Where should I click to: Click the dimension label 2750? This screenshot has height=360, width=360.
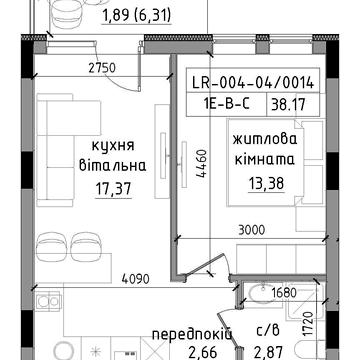click(x=102, y=68)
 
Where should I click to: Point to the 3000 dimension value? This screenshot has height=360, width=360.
click(x=252, y=230)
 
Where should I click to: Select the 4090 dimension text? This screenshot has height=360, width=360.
click(x=135, y=279)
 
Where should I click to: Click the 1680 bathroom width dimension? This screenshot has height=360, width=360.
click(x=284, y=293)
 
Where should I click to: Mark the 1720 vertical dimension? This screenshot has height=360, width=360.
click(x=310, y=324)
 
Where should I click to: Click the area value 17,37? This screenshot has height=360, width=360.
click(x=113, y=190)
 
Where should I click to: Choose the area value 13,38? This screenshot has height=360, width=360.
click(x=266, y=183)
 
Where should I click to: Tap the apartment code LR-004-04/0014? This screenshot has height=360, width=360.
click(x=253, y=83)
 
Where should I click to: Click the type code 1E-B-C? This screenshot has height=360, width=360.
click(x=226, y=105)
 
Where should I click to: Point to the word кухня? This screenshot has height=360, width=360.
click(x=113, y=146)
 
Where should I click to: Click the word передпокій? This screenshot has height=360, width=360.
click(x=192, y=334)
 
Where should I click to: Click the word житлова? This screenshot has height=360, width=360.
click(x=265, y=139)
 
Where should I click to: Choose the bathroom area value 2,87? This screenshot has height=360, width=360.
click(x=269, y=352)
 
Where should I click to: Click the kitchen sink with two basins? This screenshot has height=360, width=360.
click(x=48, y=300)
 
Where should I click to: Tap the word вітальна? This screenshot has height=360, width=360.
click(x=113, y=166)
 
